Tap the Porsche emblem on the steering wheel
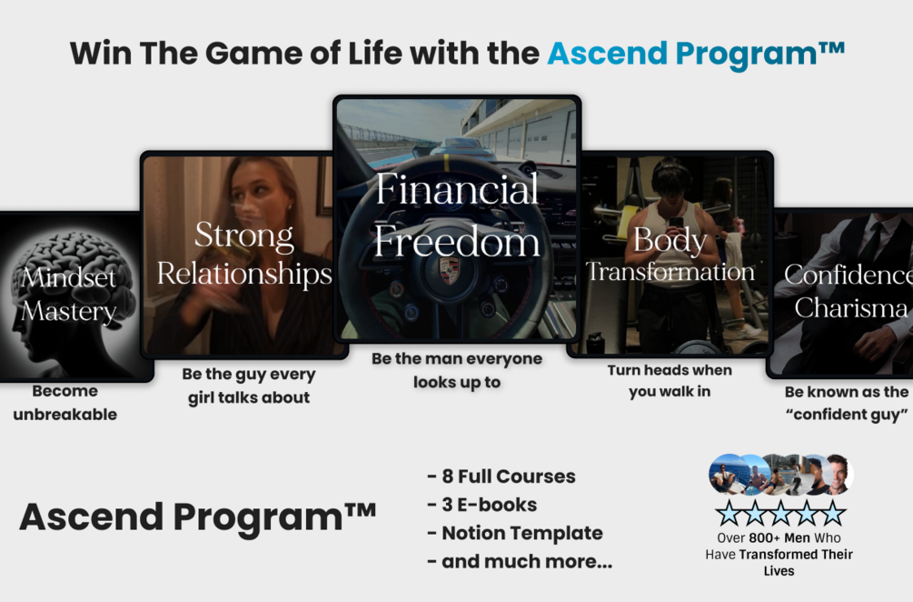click(x=449, y=270)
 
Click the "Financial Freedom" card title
click(x=457, y=216)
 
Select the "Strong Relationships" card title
click(x=244, y=255)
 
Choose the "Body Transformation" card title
click(x=670, y=256)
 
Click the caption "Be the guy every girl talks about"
click(x=248, y=386)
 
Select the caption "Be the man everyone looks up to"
click(x=457, y=370)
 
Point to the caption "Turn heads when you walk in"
click(x=670, y=381)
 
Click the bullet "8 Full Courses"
click(x=501, y=477)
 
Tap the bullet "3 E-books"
click(x=482, y=505)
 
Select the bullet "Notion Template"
click(x=515, y=533)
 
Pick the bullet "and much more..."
click(x=520, y=561)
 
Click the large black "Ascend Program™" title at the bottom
click(x=198, y=517)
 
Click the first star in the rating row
click(x=729, y=514)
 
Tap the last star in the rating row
click(x=832, y=514)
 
